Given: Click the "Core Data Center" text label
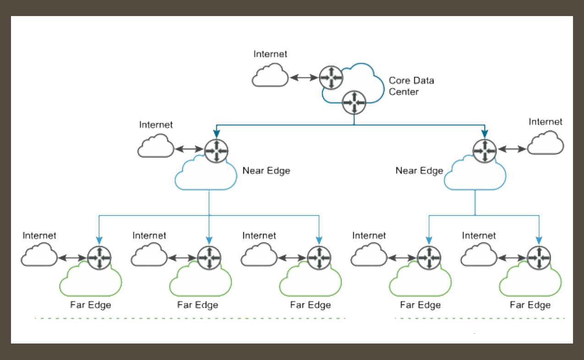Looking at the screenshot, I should [411, 86].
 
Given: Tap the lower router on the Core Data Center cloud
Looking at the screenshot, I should [354, 102].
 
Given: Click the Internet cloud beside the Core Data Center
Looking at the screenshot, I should [270, 76].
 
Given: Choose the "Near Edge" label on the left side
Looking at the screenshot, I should [266, 171].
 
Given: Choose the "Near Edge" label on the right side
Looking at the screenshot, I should [419, 171].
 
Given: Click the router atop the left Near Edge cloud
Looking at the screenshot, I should [216, 150].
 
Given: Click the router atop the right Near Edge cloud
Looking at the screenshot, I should [485, 150].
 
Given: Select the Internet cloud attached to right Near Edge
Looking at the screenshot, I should [545, 144].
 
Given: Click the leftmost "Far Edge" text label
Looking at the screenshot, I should [90, 305].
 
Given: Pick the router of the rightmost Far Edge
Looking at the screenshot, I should [539, 258].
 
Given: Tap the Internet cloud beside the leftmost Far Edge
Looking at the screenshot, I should [39, 255].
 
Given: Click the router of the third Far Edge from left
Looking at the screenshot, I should [319, 258].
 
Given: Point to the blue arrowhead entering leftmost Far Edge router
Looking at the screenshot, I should [99, 240].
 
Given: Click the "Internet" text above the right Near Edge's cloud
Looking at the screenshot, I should [545, 122].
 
